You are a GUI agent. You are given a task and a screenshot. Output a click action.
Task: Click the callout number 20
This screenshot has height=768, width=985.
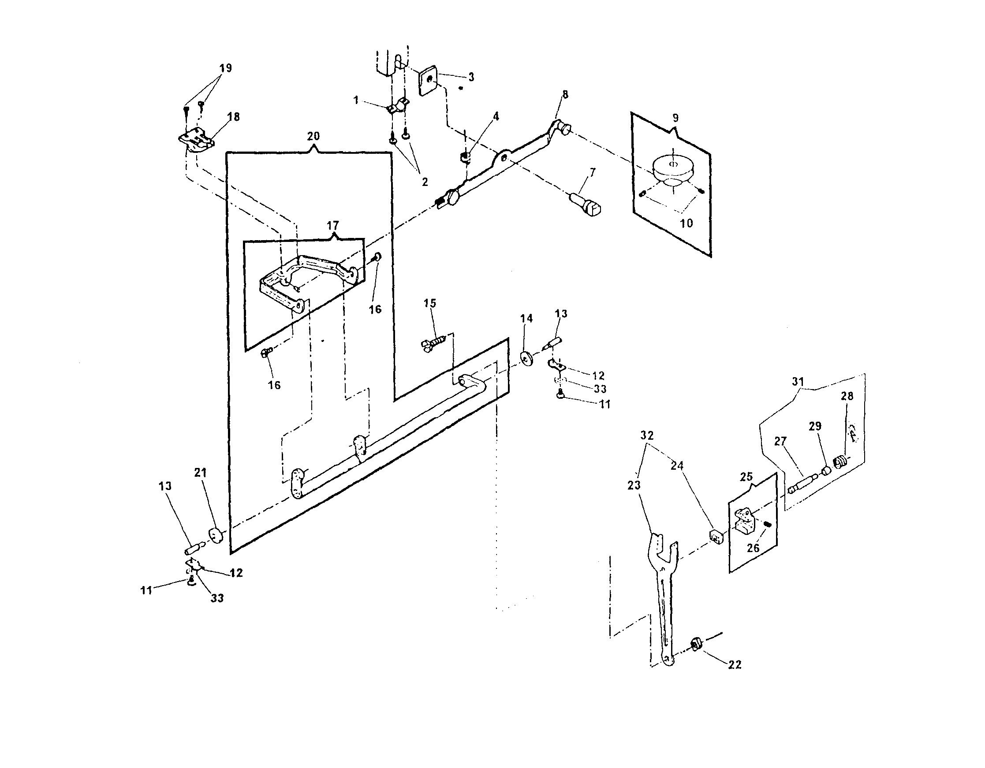point(313,136)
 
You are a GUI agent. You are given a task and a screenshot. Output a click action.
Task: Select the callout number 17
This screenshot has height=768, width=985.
point(333,225)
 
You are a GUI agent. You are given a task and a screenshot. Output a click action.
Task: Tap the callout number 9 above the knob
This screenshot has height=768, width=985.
point(675,118)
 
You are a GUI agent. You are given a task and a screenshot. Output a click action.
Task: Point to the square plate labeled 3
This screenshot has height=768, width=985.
point(429,81)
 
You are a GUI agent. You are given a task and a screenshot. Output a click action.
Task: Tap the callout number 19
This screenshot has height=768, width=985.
point(225,68)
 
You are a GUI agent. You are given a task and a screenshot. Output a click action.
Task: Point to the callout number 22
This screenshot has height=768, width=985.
point(735,665)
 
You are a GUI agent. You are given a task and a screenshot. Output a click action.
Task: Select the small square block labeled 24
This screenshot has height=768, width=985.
point(716,536)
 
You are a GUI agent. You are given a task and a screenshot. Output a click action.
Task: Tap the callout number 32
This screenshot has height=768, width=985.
point(647,435)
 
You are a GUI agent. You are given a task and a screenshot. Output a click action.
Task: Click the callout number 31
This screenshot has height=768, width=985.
point(798,382)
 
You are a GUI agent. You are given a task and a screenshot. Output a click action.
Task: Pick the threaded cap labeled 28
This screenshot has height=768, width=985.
point(839,462)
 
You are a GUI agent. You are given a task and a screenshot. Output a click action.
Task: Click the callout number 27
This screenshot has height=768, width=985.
point(780,441)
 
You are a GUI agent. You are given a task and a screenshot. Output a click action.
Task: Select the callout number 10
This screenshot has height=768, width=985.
point(686,223)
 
